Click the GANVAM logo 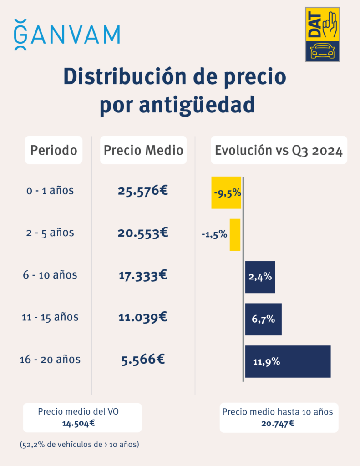click(x=67, y=35)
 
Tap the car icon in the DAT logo click(x=322, y=51)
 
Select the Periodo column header click(x=54, y=150)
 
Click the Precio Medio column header click(x=143, y=150)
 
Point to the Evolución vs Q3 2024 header click(x=279, y=151)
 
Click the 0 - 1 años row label click(x=50, y=191)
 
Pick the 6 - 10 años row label click(x=50, y=275)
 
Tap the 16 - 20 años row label click(x=50, y=360)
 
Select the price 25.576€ click(x=143, y=191)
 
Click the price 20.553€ click(x=143, y=233)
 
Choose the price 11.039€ click(x=143, y=317)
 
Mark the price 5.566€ click(x=143, y=360)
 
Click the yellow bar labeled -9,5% click(x=226, y=192)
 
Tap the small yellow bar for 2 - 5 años click(x=235, y=235)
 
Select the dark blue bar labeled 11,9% click(x=288, y=361)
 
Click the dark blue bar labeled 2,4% click(x=260, y=277)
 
